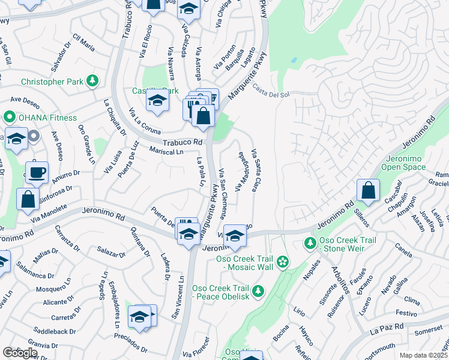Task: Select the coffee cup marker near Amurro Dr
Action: coord(37,172)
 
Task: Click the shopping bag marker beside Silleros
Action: coord(369,190)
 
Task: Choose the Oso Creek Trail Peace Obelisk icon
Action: coord(258,292)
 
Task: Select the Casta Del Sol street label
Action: coord(271,95)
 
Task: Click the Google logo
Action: coord(19,353)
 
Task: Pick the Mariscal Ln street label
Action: coord(167,152)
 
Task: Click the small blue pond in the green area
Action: coord(293,61)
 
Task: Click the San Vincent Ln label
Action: coord(178,296)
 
